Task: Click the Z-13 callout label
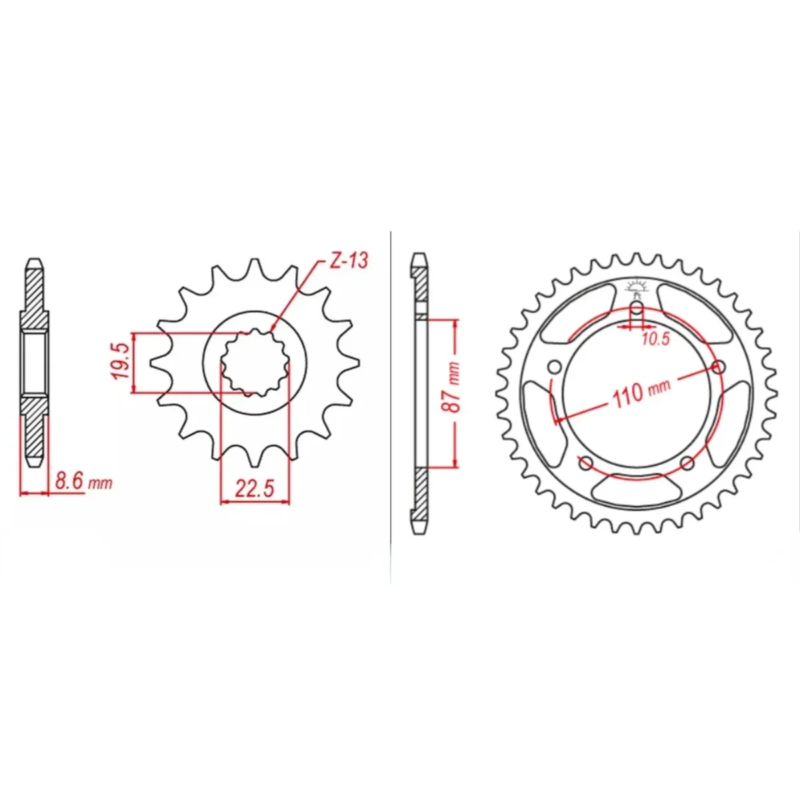tap(349, 260)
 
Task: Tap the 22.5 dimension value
tap(255, 489)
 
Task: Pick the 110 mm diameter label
tap(641, 394)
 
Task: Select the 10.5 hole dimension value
tap(656, 339)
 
